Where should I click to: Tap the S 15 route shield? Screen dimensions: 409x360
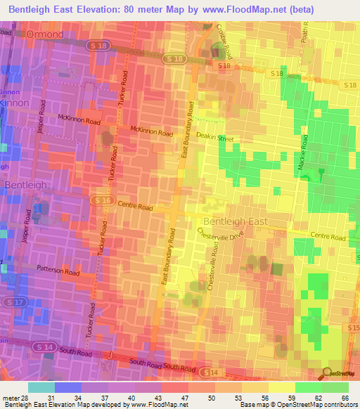[x=353, y=328]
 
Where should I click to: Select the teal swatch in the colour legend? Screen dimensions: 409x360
[x=41, y=387]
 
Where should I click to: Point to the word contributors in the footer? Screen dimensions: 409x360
[x=338, y=405]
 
